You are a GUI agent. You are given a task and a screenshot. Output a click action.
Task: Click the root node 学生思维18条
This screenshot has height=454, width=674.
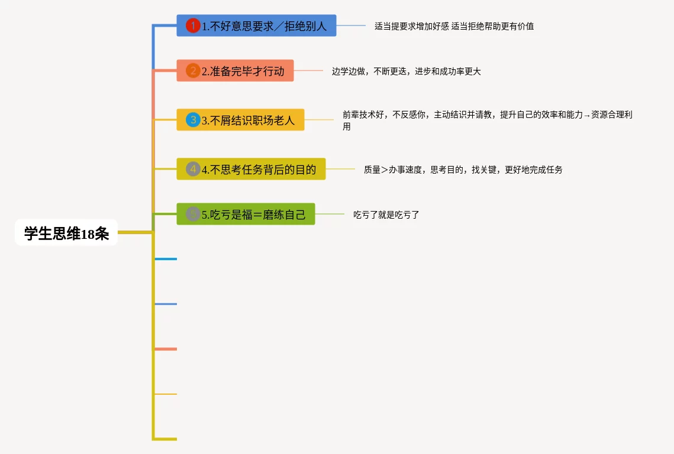click(x=66, y=234)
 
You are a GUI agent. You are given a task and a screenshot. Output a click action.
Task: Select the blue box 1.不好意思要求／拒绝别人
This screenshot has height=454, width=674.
click(x=256, y=25)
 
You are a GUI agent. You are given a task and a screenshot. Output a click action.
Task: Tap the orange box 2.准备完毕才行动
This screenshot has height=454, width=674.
click(x=235, y=71)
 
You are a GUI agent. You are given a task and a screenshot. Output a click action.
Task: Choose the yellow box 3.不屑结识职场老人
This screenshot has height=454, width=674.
click(x=240, y=120)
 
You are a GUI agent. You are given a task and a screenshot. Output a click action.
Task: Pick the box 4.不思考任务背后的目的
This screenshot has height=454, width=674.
click(x=251, y=169)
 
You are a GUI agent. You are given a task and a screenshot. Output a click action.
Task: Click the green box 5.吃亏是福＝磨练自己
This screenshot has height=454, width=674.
click(x=246, y=214)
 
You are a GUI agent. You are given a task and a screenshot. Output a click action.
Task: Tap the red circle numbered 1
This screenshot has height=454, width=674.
click(x=193, y=25)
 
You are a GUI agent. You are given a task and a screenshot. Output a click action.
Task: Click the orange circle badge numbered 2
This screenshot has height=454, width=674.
click(x=193, y=71)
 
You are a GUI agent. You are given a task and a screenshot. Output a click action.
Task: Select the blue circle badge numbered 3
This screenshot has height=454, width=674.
click(x=193, y=120)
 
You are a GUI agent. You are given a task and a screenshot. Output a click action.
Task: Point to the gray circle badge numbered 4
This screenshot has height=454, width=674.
click(x=193, y=169)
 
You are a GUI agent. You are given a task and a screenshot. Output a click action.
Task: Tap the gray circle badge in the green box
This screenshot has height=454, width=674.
click(x=193, y=214)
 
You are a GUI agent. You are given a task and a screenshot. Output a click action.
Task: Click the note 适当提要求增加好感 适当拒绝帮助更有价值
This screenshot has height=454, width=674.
click(x=454, y=26)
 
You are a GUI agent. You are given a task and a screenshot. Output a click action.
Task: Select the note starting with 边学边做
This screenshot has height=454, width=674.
click(x=406, y=72)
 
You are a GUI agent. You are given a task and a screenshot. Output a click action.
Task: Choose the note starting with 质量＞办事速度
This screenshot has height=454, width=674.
click(x=463, y=170)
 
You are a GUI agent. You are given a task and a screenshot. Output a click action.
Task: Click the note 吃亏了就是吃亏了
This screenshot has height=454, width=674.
click(x=386, y=215)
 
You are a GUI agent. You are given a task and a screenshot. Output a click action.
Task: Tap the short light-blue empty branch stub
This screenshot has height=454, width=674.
click(x=166, y=259)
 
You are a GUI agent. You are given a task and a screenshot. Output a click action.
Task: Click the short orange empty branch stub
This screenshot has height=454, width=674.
click(x=166, y=349)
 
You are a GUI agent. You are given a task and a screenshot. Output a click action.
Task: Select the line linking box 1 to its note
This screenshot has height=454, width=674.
click(x=351, y=25)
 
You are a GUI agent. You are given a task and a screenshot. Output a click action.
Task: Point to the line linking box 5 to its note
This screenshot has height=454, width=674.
click(x=330, y=214)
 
